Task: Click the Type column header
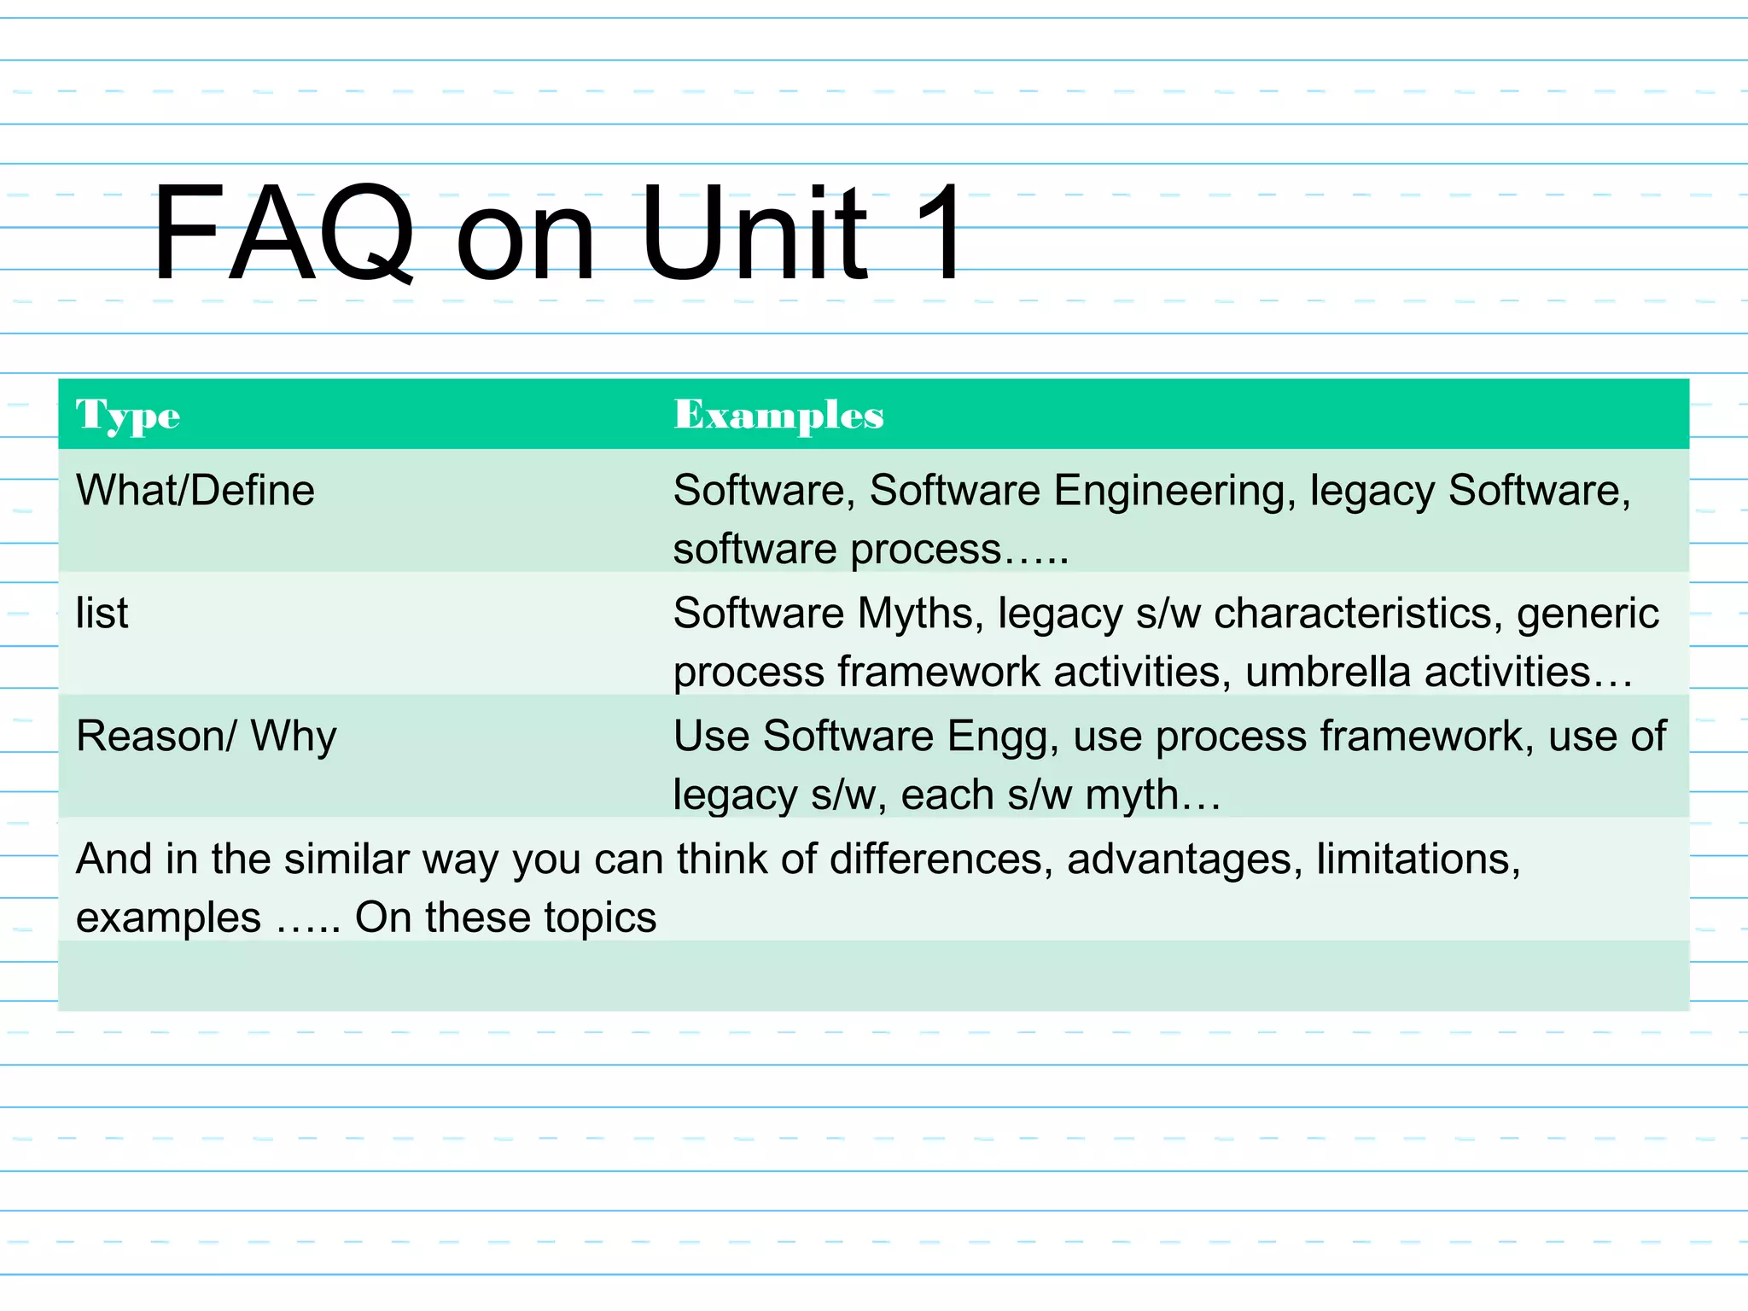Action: [128, 416]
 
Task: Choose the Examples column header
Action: [778, 416]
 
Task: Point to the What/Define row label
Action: [195, 491]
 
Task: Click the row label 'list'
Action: [102, 613]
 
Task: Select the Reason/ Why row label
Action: [207, 736]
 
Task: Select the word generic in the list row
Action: [1588, 615]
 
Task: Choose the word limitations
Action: [1418, 859]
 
